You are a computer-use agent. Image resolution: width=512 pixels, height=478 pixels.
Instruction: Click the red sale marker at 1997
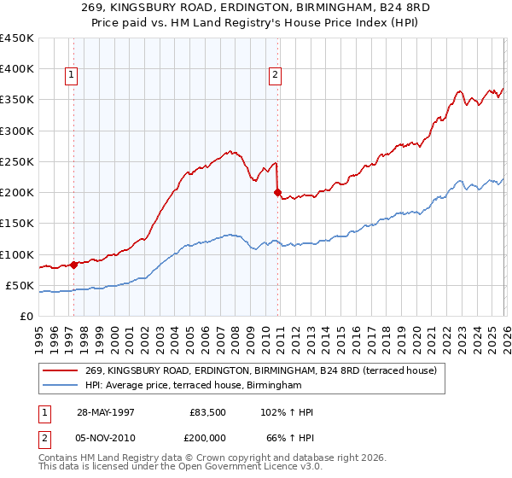[73, 265]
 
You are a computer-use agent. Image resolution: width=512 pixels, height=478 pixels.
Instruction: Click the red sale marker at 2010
[277, 192]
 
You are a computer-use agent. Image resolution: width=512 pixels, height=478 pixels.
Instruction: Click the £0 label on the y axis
[25, 316]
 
